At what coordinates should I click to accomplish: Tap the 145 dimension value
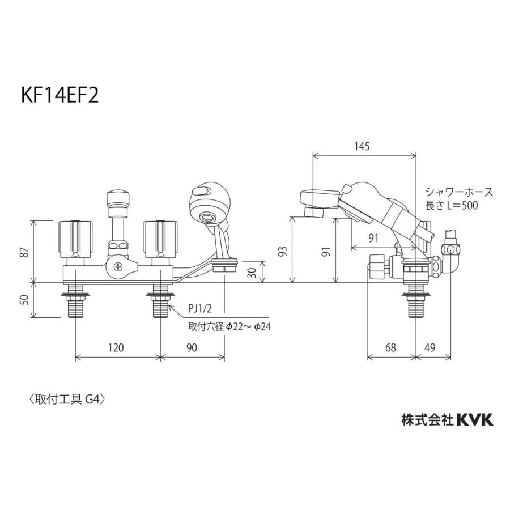pos(363,146)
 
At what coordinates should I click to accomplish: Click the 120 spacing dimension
pos(116,347)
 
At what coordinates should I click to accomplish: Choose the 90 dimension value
pos(192,347)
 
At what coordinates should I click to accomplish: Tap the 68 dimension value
pos(390,347)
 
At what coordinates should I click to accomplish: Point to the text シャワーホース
pos(459,192)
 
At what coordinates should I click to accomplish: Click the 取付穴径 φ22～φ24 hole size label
pos(229,327)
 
